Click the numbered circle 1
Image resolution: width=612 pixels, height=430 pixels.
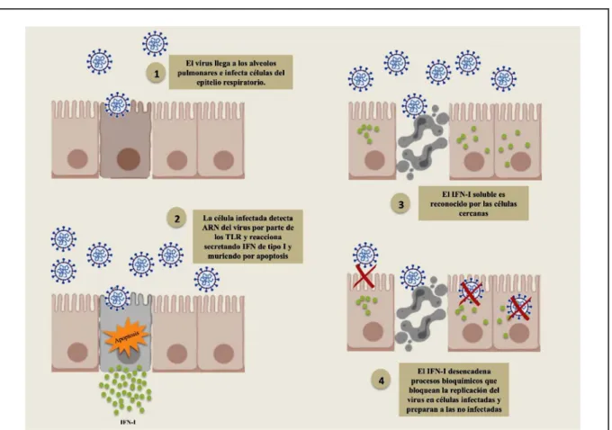point(157,74)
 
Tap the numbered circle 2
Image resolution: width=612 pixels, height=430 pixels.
point(176,218)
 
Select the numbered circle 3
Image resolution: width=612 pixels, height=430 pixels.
point(400,204)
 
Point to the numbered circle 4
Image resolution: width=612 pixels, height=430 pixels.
point(382,380)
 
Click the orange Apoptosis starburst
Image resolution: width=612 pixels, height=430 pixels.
point(127,336)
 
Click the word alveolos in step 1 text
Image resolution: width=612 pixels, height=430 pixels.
point(262,63)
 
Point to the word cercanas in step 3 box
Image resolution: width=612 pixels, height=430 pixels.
point(473,213)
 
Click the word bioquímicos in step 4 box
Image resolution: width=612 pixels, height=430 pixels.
point(474,381)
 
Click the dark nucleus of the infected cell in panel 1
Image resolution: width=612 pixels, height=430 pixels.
point(129,159)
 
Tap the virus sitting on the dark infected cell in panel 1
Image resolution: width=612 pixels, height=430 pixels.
point(117,104)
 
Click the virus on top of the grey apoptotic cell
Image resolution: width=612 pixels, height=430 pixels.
point(117,298)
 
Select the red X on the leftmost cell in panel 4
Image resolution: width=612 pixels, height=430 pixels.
point(364,277)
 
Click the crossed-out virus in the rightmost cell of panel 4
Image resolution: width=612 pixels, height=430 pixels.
point(518,308)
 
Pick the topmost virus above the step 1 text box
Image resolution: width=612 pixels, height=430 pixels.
point(155,43)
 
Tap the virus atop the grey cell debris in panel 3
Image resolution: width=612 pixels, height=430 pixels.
point(414,105)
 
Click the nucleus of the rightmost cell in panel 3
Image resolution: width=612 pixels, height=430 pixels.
point(520,161)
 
